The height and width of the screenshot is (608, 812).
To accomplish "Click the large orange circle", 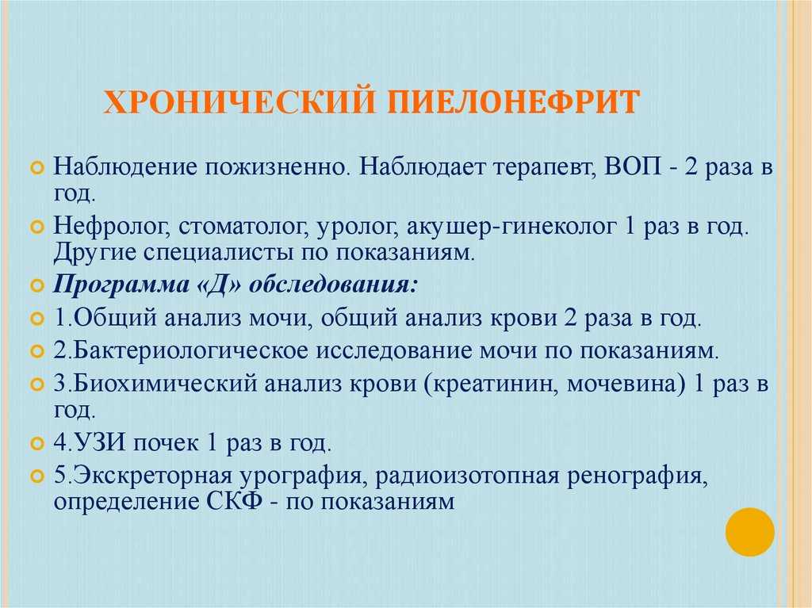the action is point(749,532).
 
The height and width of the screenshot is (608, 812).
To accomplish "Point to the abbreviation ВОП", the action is point(633,166).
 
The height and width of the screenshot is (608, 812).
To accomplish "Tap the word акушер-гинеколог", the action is point(511,228).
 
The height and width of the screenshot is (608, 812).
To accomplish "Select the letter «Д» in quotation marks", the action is point(219,285).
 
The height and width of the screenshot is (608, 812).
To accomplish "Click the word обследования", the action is point(333,285).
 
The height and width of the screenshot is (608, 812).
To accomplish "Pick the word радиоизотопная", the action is point(467,476).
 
